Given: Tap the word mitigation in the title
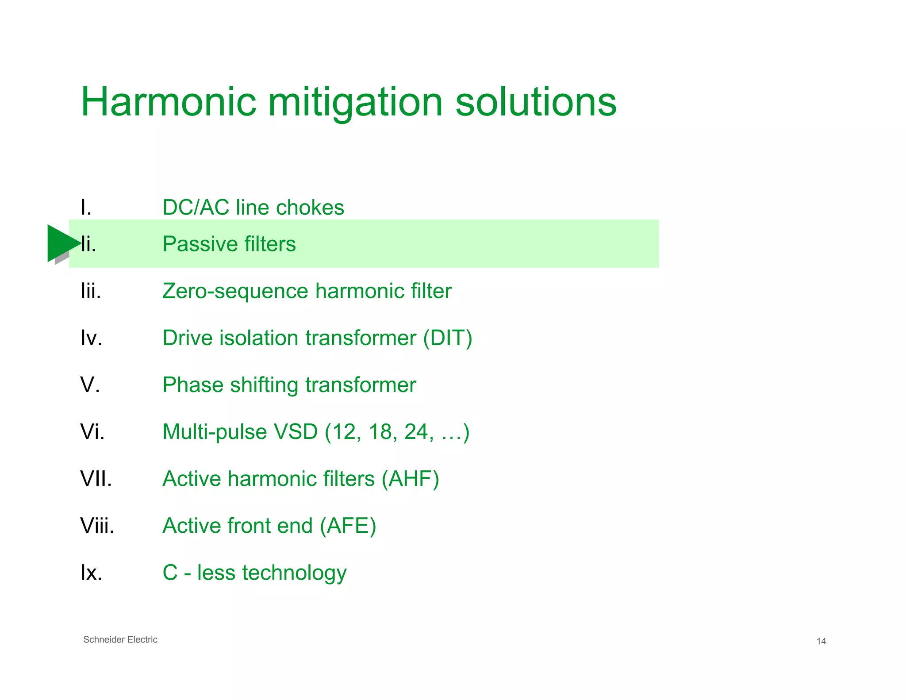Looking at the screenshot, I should pos(355,103).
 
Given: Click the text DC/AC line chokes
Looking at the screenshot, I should pos(253,208).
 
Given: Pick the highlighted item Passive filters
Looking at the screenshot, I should pos(229,244).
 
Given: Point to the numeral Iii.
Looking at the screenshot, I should pos(91,291).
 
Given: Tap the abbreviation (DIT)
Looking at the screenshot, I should pos(447,338).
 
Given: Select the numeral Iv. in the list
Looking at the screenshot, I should pos(91,338).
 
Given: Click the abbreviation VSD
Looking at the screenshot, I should pos(296,432).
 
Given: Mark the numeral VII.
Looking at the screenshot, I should pos(96,479).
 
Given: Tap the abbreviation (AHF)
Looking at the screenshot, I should pos(410,479).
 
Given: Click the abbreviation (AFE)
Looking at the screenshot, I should pos(348,526).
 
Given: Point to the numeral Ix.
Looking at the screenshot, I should pos(91,573).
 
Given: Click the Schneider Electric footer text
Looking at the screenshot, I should pos(120,639).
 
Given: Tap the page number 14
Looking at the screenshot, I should pos(821,641).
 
